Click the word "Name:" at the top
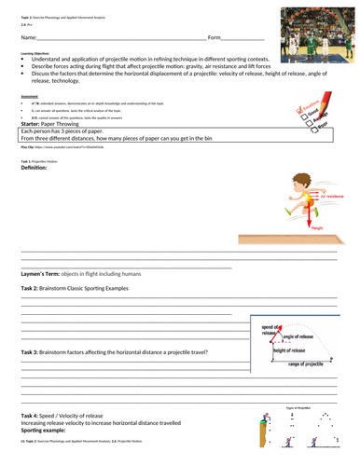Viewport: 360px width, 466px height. pos(28,37)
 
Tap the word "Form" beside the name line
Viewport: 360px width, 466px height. pos(215,37)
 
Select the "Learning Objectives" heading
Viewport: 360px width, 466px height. pos(35,55)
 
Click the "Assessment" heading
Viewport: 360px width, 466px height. pos(30,95)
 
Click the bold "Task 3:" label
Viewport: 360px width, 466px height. pos(29,352)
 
